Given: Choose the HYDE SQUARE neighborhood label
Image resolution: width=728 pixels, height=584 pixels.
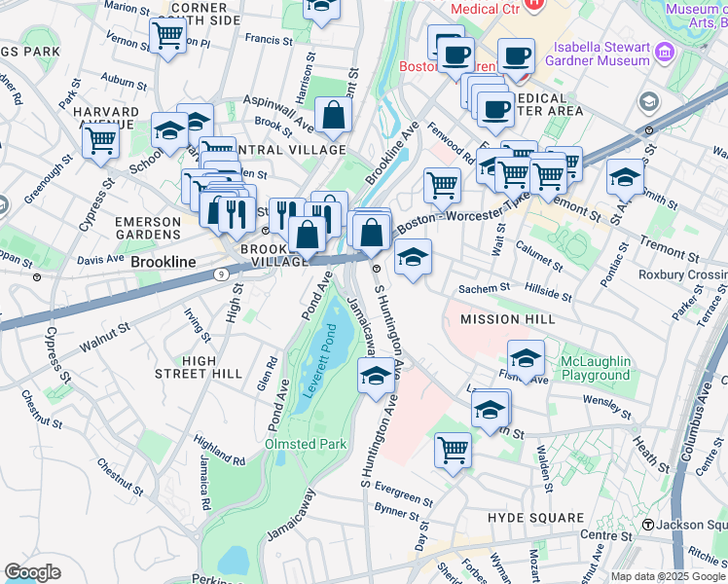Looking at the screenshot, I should (535, 519).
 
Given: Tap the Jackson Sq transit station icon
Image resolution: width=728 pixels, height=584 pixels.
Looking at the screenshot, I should (647, 526).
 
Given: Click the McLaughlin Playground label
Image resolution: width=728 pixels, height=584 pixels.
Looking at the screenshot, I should (595, 368).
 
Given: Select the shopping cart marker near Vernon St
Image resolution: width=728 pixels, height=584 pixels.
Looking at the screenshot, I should (167, 36).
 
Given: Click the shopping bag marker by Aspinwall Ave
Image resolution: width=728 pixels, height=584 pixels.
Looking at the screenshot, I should (333, 115).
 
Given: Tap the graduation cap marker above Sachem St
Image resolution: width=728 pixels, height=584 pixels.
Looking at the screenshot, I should (413, 258).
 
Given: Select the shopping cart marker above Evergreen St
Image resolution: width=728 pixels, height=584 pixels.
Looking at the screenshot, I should (453, 450).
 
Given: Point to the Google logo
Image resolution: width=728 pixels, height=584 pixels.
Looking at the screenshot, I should (32, 572).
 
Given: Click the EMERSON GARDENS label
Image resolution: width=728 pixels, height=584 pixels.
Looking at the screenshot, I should (148, 229).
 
